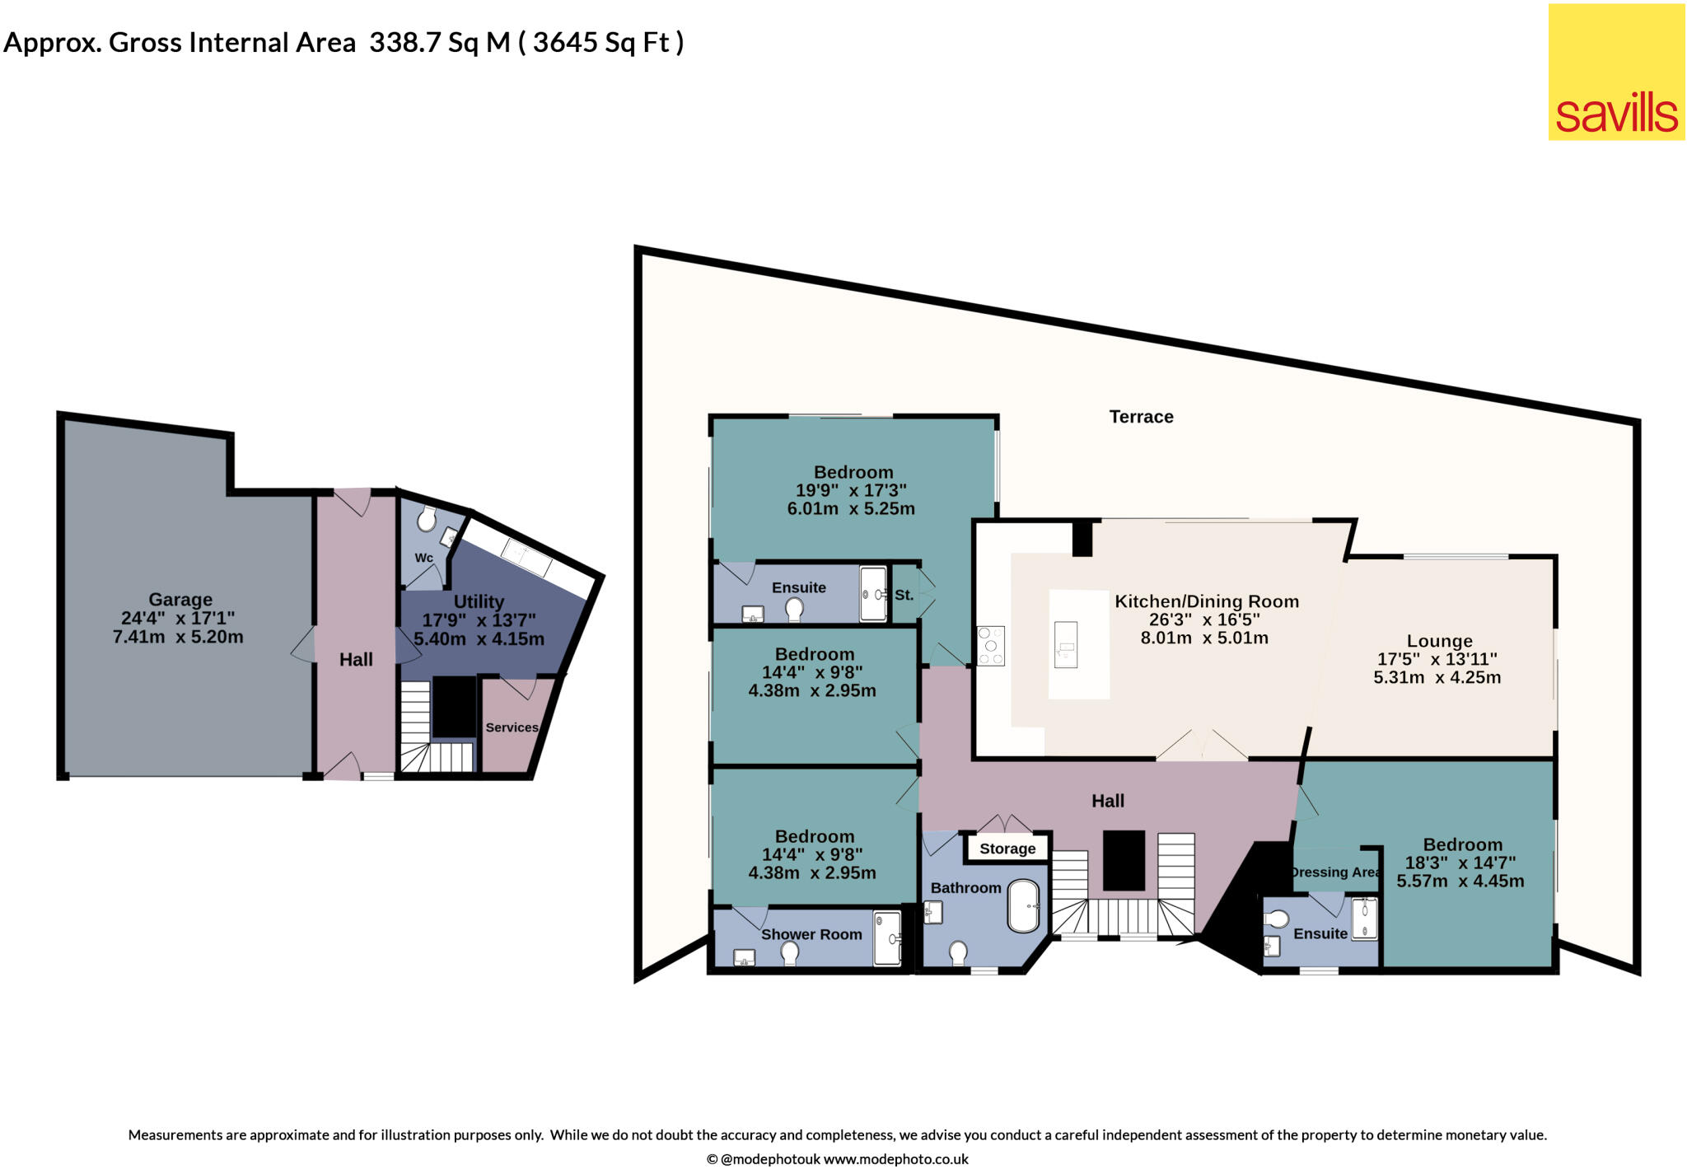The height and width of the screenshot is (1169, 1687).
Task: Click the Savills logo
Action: pos(1616,72)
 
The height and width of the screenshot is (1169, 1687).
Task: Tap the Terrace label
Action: pos(1141,417)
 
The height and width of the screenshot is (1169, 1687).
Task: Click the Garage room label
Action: pos(180,600)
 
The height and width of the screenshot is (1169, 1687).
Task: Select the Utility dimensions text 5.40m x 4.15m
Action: pos(479,639)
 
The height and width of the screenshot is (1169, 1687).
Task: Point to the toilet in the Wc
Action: pos(426,520)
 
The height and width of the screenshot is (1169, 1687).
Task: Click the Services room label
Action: pos(512,727)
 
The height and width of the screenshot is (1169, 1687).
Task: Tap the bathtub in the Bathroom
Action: pos(1024,907)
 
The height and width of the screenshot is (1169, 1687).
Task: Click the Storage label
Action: pos(1007,849)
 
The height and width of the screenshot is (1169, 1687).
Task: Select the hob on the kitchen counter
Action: pos(990,646)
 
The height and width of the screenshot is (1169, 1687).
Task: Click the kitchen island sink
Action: pos(1066,645)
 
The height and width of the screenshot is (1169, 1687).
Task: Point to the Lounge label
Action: pos(1439,641)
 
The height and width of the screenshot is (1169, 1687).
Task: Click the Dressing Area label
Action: pos(1334,872)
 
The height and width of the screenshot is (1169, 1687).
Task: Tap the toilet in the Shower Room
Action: pos(789,953)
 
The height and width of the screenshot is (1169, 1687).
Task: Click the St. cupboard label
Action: pos(904,595)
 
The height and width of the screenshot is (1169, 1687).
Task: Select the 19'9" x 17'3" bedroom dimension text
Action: pos(851,490)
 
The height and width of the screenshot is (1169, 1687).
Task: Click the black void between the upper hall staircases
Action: pos(1124,861)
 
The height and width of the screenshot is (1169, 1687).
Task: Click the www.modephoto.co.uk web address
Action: pos(895,1159)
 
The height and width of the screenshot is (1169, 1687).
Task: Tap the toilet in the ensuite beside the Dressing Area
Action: pos(1278,919)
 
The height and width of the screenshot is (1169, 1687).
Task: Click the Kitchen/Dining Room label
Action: pos(1207,601)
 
